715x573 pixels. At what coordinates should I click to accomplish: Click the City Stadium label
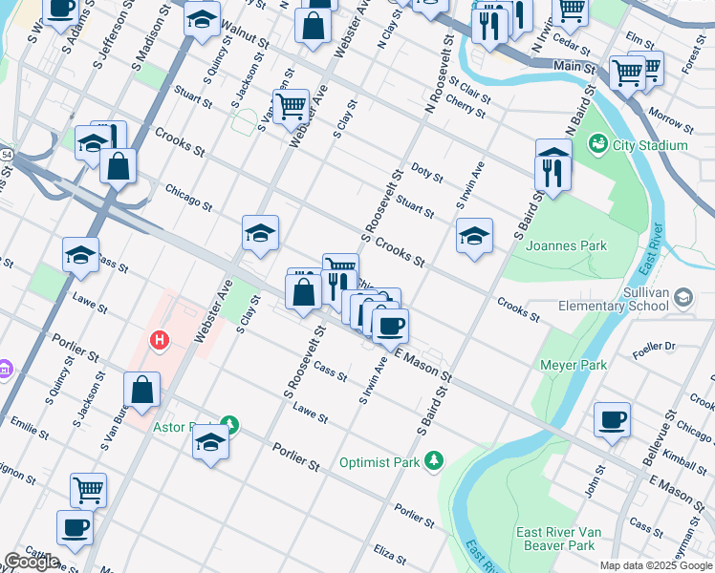650,145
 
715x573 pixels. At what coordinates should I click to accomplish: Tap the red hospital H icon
160,339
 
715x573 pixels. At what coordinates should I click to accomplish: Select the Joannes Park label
566,245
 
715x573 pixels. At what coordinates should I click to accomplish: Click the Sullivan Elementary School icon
683,298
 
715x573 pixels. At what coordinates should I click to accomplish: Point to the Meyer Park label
574,364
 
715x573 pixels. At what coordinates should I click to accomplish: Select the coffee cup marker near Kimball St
612,420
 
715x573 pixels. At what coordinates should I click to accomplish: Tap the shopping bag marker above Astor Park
141,390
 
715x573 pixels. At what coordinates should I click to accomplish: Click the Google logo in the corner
32,562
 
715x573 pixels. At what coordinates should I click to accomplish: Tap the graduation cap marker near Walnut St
202,21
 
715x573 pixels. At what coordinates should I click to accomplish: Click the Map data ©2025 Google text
656,565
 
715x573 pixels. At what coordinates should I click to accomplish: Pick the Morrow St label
670,119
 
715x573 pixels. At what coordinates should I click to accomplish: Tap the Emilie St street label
30,427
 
